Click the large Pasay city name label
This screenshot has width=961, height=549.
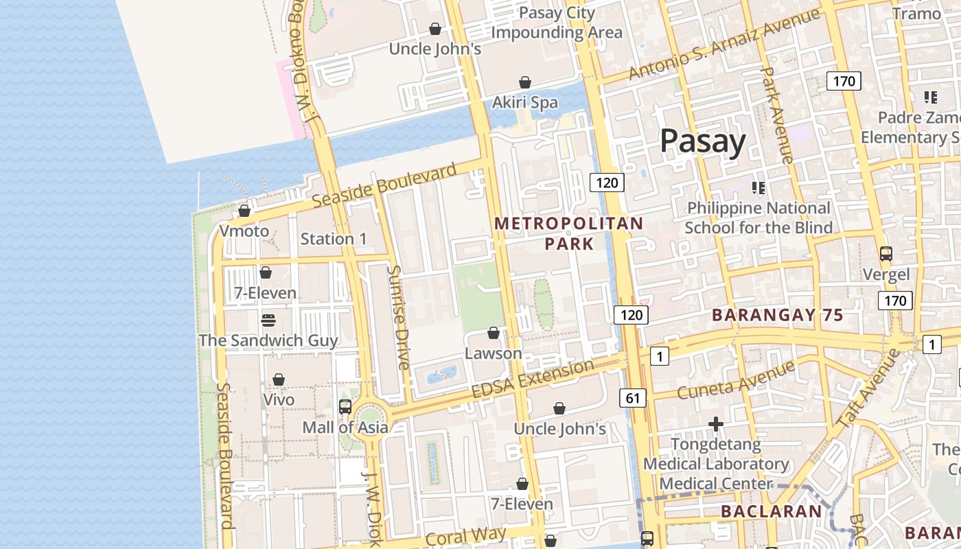tap(702, 141)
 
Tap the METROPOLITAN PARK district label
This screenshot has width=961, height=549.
tap(569, 233)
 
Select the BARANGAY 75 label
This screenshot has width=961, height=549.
tap(777, 315)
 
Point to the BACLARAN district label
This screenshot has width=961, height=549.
tap(771, 511)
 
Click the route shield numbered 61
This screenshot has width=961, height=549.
tap(633, 397)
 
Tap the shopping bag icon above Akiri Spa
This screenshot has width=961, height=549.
tap(525, 82)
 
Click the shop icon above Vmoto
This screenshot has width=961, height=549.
tap(244, 211)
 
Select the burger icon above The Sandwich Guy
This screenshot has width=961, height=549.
tap(268, 320)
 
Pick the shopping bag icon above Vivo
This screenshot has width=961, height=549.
tap(279, 379)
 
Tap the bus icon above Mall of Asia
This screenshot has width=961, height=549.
tap(345, 407)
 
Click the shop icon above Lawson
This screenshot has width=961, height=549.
tap(493, 334)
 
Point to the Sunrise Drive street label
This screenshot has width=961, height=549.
tap(398, 317)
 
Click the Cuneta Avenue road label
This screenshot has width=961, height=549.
tap(736, 381)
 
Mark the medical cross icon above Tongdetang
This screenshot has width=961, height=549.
tap(715, 424)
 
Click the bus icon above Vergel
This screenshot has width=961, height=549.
tap(885, 254)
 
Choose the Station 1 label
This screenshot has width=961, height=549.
tap(334, 239)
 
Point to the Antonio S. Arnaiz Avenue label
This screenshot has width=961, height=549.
tap(724, 44)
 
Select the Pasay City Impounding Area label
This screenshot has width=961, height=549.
tap(557, 23)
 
